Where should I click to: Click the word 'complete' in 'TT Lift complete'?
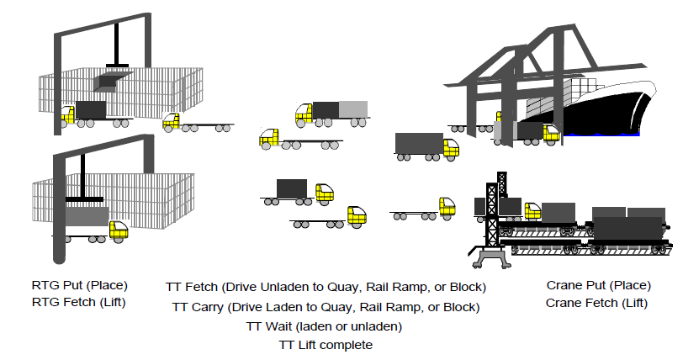[349, 345]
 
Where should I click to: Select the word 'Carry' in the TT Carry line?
[206, 307]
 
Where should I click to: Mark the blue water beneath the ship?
[606, 133]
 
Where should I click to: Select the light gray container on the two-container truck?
[353, 109]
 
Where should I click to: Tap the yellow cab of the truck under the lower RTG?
[119, 230]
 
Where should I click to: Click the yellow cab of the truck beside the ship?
[552, 132]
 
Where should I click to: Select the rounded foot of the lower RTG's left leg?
[58, 252]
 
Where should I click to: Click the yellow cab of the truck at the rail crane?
[532, 211]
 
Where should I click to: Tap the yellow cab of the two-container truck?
[304, 113]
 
